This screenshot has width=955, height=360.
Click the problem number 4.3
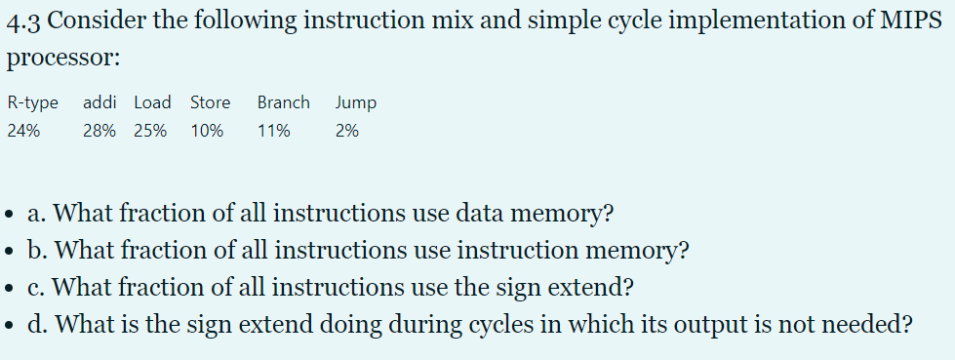click(x=23, y=24)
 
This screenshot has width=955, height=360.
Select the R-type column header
click(x=32, y=102)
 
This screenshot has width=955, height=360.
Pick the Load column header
click(x=152, y=102)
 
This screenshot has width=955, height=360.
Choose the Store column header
click(x=210, y=102)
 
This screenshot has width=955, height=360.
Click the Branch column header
click(x=283, y=102)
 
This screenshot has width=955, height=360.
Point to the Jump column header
click(x=355, y=102)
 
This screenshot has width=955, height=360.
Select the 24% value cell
click(x=23, y=131)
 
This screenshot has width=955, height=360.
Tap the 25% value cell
click(x=149, y=131)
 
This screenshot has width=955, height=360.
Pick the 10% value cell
click(x=206, y=131)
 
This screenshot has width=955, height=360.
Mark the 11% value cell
click(x=273, y=131)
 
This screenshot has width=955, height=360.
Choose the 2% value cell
click(x=346, y=131)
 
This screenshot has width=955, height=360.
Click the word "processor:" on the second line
click(x=62, y=58)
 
